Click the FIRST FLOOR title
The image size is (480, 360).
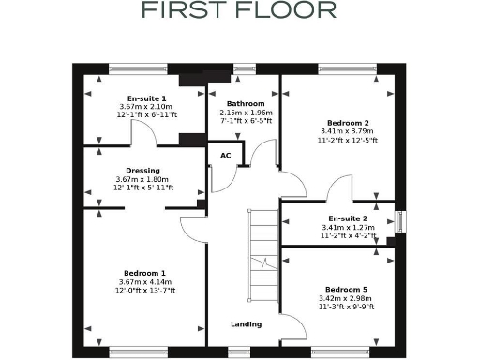(x=239, y=10)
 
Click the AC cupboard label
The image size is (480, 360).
(x=225, y=156)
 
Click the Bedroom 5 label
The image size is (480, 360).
(x=347, y=289)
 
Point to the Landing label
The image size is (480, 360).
(x=246, y=324)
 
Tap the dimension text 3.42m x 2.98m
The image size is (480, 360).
(x=347, y=297)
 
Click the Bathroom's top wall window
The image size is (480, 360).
(x=245, y=67)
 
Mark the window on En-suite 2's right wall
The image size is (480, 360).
(x=400, y=222)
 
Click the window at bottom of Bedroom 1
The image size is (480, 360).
(x=138, y=352)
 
